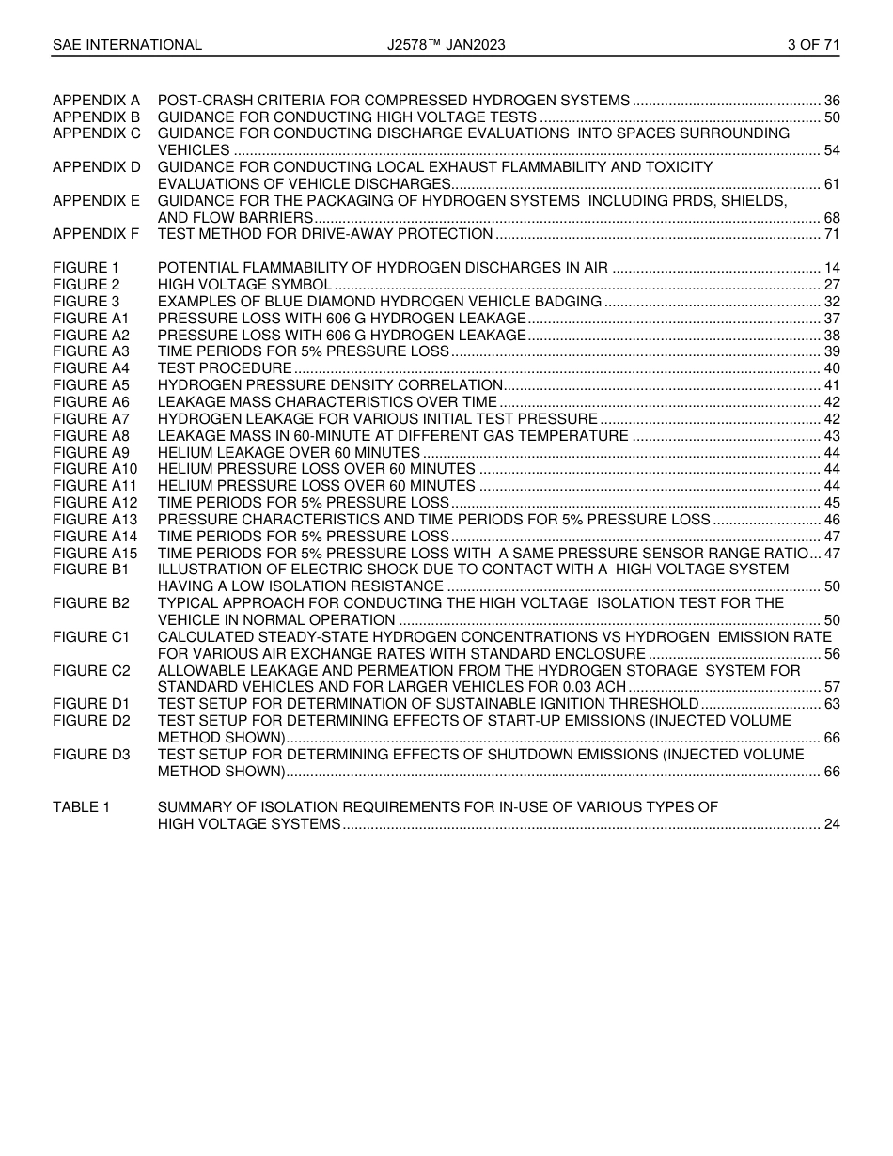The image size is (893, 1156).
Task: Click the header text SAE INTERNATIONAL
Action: (x=127, y=44)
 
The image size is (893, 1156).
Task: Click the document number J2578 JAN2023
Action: (x=446, y=44)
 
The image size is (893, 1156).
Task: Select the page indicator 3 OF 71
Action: (x=813, y=44)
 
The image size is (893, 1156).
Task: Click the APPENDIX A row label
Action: (x=96, y=101)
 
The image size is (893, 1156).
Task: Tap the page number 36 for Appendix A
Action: (x=831, y=101)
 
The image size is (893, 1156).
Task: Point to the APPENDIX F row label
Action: (x=96, y=234)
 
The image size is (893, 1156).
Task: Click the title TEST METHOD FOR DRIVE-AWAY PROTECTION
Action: (x=325, y=234)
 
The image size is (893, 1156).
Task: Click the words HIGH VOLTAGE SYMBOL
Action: (x=244, y=285)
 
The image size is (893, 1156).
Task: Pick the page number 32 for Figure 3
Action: (x=831, y=302)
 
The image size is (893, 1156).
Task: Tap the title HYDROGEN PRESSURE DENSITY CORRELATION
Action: (x=330, y=385)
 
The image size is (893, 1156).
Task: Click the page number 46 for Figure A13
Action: (x=831, y=520)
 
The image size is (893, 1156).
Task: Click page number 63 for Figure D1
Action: (x=831, y=704)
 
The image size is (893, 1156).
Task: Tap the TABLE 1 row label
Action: (x=82, y=807)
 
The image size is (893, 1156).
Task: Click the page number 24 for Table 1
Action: (x=831, y=824)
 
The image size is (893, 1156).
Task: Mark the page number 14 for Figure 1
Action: (x=831, y=268)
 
